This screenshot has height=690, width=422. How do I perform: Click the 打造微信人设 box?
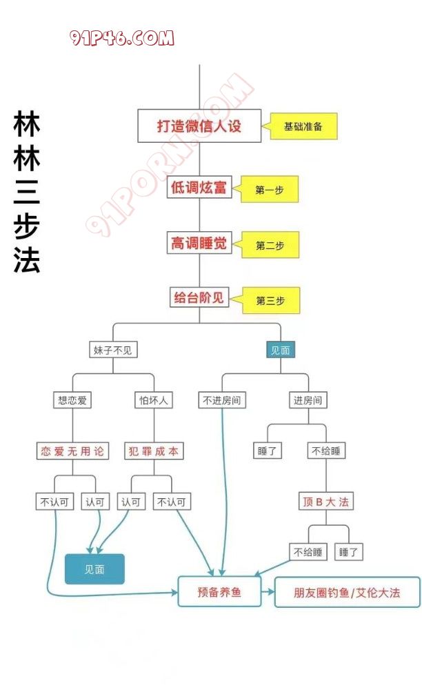pyautogui.click(x=199, y=126)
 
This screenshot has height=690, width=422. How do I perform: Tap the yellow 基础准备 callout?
pyautogui.click(x=303, y=126)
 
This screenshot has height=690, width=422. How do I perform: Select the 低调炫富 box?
pyautogui.click(x=199, y=187)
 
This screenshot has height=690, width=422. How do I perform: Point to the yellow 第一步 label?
pyautogui.click(x=270, y=189)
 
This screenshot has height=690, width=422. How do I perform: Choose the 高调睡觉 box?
pyautogui.click(x=199, y=243)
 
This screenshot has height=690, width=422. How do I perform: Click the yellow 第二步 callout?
pyautogui.click(x=270, y=245)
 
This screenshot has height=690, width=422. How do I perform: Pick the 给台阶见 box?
pyautogui.click(x=199, y=298)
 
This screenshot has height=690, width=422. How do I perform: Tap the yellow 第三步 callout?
pyautogui.click(x=270, y=300)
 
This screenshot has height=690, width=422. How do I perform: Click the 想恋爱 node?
pyautogui.click(x=73, y=400)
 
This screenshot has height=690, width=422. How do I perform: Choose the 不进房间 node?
pyautogui.click(x=221, y=400)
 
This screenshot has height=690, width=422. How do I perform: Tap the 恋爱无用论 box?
pyautogui.click(x=73, y=451)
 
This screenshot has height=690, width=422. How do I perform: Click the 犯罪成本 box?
pyautogui.click(x=154, y=451)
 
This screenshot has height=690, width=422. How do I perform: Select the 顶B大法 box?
pyautogui.click(x=327, y=502)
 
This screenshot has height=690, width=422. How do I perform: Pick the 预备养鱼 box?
pyautogui.click(x=219, y=591)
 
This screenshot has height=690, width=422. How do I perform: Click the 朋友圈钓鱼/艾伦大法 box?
pyautogui.click(x=347, y=592)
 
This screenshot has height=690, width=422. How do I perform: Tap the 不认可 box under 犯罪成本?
pyautogui.click(x=172, y=502)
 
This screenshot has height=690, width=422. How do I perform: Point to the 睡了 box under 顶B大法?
pyautogui.click(x=349, y=552)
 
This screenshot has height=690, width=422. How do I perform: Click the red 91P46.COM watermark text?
pyautogui.click(x=122, y=38)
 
